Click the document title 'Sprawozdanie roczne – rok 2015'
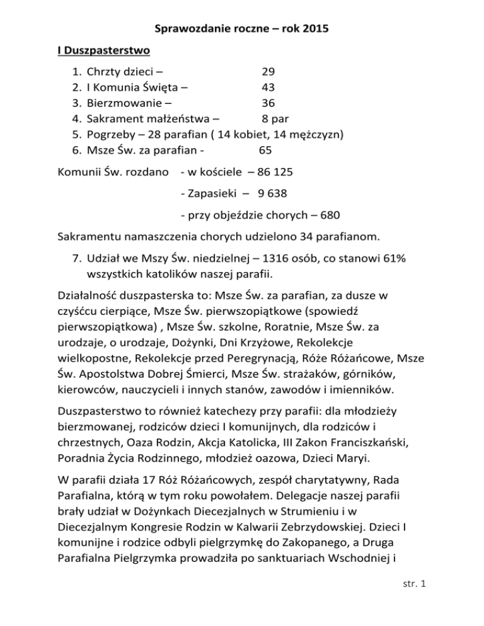click(242, 29)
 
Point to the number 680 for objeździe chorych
click(331, 215)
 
